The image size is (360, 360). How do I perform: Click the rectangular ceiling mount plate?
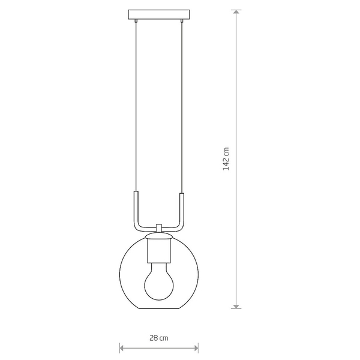tap(159, 14)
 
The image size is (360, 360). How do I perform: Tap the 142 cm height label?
tap(226, 159)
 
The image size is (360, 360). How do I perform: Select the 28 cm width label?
tap(159, 338)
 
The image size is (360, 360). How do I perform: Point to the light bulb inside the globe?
tap(159, 281)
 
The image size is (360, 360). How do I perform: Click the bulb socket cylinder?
tap(159, 251)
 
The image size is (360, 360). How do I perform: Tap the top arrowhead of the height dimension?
tap(236, 12)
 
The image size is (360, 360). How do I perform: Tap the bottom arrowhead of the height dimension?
tap(236, 306)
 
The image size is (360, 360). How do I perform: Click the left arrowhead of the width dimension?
tap(122, 348)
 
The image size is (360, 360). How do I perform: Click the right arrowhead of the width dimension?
tap(196, 348)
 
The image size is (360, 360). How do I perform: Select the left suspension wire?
tap(136, 106)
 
